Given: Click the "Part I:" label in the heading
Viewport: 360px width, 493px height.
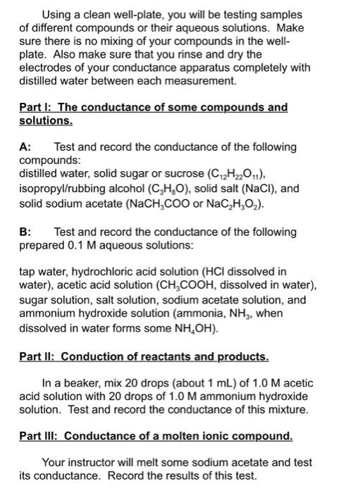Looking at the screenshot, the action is tap(37, 107).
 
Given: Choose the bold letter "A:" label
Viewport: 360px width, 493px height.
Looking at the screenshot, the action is tap(26, 147).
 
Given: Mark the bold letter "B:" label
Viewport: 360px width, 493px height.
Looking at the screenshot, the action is tap(26, 232).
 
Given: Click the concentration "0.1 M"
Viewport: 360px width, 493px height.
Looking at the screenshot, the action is tap(81, 245).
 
